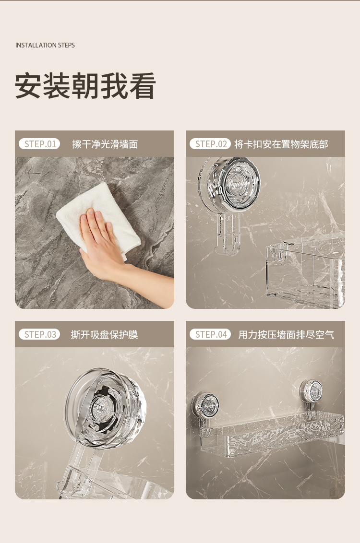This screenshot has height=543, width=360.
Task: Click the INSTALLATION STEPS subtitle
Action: pos(45,45)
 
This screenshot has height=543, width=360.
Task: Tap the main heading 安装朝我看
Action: pos(85,86)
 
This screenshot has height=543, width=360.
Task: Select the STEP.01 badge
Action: pos(39,144)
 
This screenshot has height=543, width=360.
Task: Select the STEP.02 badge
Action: pos(210,144)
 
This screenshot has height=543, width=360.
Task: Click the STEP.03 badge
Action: pos(39,334)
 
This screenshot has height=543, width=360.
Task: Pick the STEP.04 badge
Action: pos(210,334)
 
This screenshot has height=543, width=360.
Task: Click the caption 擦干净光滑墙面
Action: pos(105,144)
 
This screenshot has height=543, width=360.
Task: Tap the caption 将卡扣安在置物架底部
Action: pos(281,144)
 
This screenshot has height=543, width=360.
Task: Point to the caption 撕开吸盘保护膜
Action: pos(104,334)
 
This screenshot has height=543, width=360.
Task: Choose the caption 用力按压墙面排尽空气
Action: pos(286,334)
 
